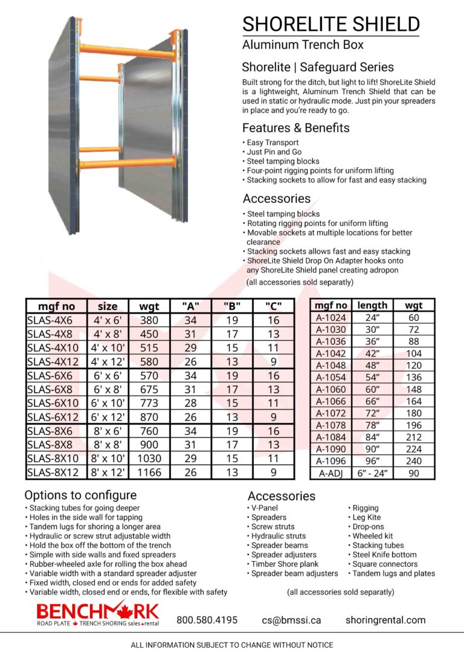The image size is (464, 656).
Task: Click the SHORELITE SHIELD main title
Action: [330, 24]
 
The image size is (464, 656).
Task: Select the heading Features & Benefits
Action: [296, 128]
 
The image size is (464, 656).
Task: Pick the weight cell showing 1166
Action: [149, 472]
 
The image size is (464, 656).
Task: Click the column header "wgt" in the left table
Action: [149, 306]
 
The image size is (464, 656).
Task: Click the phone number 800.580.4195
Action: [207, 620]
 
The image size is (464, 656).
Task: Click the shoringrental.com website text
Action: [385, 620]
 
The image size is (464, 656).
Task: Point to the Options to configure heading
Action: [80, 495]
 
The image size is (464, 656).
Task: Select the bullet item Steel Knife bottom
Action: [385, 555]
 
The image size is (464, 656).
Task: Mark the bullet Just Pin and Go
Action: [274, 152]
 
